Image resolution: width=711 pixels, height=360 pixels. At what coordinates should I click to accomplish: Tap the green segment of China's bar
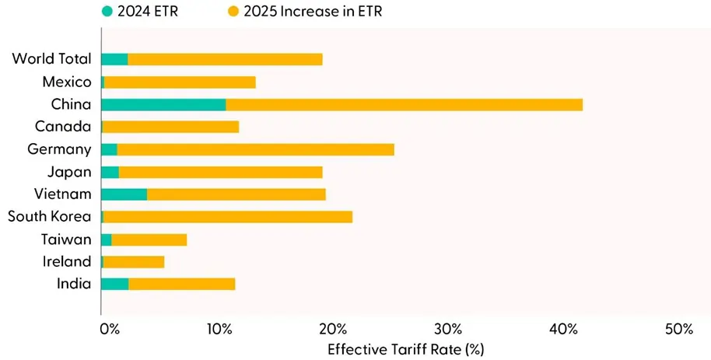tap(163, 105)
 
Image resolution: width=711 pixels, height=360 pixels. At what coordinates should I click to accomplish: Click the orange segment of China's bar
tap(404, 105)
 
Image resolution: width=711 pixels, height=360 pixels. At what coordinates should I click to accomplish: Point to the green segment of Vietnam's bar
tap(124, 194)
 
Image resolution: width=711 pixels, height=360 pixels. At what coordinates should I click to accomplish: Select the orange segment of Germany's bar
tap(255, 150)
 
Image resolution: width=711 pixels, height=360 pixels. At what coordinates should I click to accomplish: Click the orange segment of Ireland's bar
tap(133, 262)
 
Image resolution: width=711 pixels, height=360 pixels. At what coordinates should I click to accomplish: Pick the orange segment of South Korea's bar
tap(227, 217)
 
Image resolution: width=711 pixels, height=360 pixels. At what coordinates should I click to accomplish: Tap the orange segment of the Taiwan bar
tap(149, 239)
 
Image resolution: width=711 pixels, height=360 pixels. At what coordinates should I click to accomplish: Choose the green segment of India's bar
tap(114, 285)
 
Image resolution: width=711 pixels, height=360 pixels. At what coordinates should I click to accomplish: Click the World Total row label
tap(51, 59)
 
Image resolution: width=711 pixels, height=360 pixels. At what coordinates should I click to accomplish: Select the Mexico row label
tap(67, 82)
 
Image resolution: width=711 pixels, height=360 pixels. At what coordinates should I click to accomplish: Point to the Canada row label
tap(63, 127)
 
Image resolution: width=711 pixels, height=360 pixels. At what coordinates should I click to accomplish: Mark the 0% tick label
tap(110, 329)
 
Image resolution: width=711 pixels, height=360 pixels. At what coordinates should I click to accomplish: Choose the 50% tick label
tap(678, 329)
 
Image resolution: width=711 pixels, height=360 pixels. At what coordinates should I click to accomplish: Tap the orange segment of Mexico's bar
tap(179, 82)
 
